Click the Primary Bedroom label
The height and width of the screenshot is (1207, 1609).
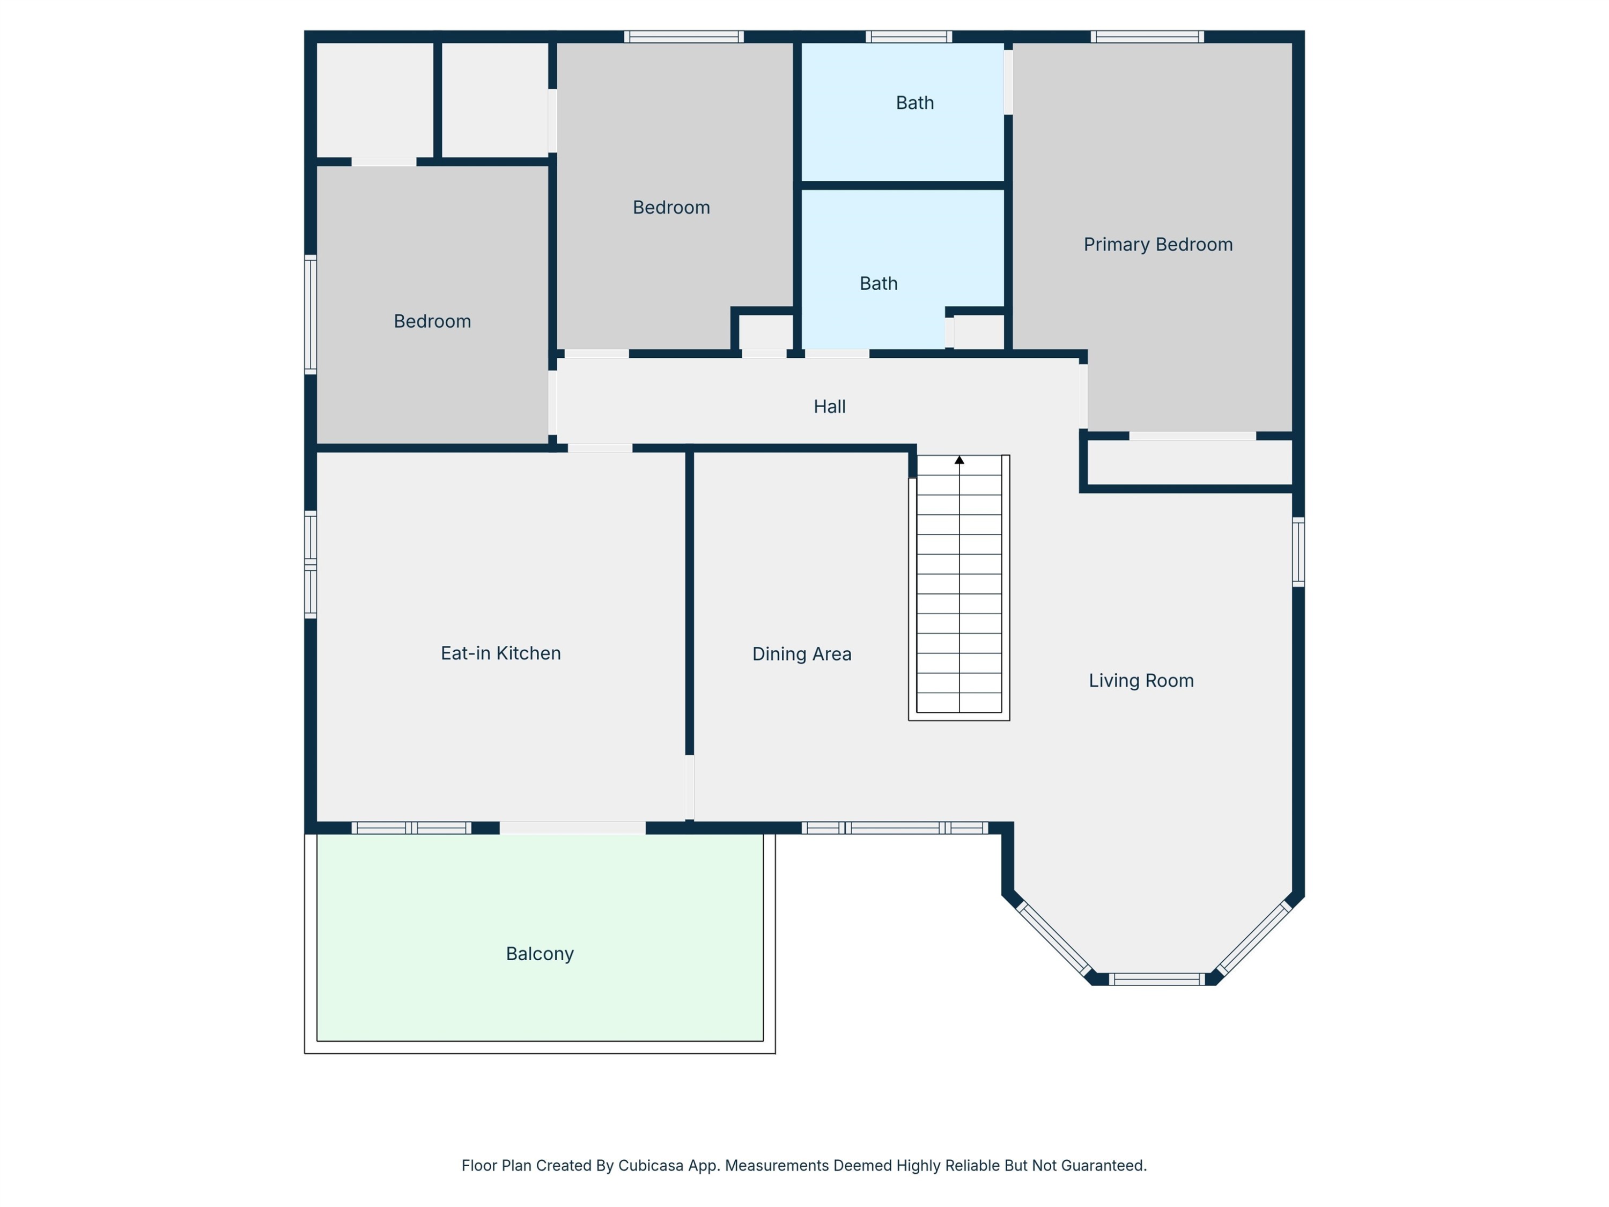click(x=1158, y=245)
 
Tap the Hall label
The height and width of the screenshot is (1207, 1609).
click(x=829, y=407)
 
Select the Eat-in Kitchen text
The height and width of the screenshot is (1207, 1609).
click(x=500, y=653)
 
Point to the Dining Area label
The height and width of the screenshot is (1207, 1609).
click(x=802, y=654)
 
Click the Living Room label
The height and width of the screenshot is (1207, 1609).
click(x=1141, y=681)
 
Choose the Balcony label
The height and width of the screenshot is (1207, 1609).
click(x=540, y=954)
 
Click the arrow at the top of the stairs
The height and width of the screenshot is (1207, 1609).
click(x=960, y=460)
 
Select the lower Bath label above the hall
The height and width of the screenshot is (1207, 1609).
click(x=879, y=284)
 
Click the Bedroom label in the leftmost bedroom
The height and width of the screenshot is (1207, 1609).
click(x=432, y=321)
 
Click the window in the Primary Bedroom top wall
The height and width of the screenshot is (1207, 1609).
click(x=1147, y=37)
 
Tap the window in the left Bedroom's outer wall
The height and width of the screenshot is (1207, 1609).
click(x=311, y=315)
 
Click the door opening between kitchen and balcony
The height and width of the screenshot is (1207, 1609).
click(x=572, y=828)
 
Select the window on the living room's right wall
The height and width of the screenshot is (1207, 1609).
click(x=1298, y=551)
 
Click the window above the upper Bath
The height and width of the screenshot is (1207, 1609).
click(x=909, y=37)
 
